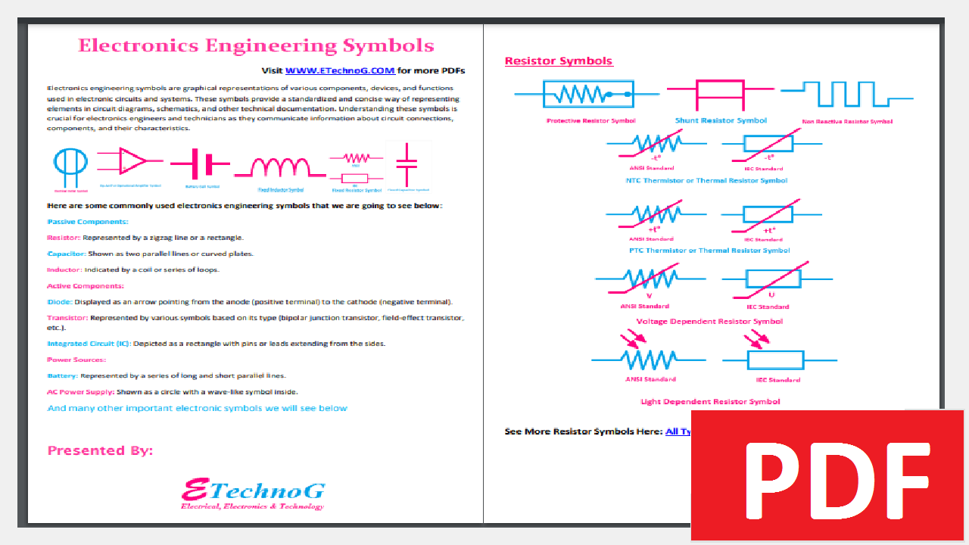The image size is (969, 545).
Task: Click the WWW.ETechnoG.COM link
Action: click(x=340, y=70)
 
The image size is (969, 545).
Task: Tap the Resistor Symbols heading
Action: click(x=558, y=61)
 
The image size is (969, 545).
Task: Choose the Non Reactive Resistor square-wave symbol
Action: click(x=847, y=94)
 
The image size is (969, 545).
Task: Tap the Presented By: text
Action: click(x=100, y=450)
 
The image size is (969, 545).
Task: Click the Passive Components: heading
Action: click(x=88, y=222)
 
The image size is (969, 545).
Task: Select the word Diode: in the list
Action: click(x=60, y=301)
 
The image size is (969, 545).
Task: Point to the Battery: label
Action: click(x=62, y=375)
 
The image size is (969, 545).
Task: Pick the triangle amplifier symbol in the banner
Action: click(x=132, y=160)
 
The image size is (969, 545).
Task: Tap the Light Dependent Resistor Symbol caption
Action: click(x=709, y=401)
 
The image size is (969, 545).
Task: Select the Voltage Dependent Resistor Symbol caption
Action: click(x=709, y=321)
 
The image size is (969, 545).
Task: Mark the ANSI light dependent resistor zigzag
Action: click(x=649, y=359)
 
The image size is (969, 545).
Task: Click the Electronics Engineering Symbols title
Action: click(x=256, y=45)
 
